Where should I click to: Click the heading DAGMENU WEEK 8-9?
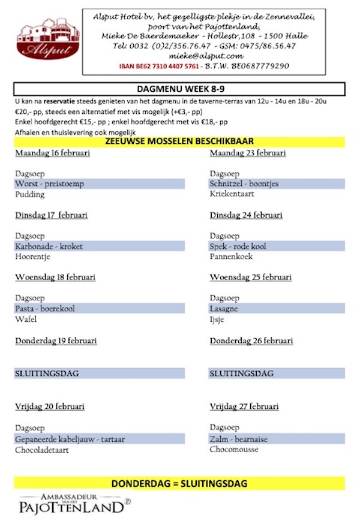coord(180,89)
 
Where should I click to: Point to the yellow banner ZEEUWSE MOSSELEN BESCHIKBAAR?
coord(180,142)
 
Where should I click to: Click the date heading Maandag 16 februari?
coord(52,153)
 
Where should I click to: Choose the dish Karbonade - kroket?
coord(49,246)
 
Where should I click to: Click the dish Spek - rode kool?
coord(238,246)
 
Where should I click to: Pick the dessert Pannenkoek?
coord(231,257)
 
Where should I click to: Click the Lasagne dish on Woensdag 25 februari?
coord(224,308)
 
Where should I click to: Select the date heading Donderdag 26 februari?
coord(251,341)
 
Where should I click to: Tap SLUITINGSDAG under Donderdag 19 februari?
coord(47,373)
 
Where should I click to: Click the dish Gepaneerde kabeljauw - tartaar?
coord(70,439)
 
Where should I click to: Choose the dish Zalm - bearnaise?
coord(239,439)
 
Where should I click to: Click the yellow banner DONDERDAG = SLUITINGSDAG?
coord(180,483)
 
